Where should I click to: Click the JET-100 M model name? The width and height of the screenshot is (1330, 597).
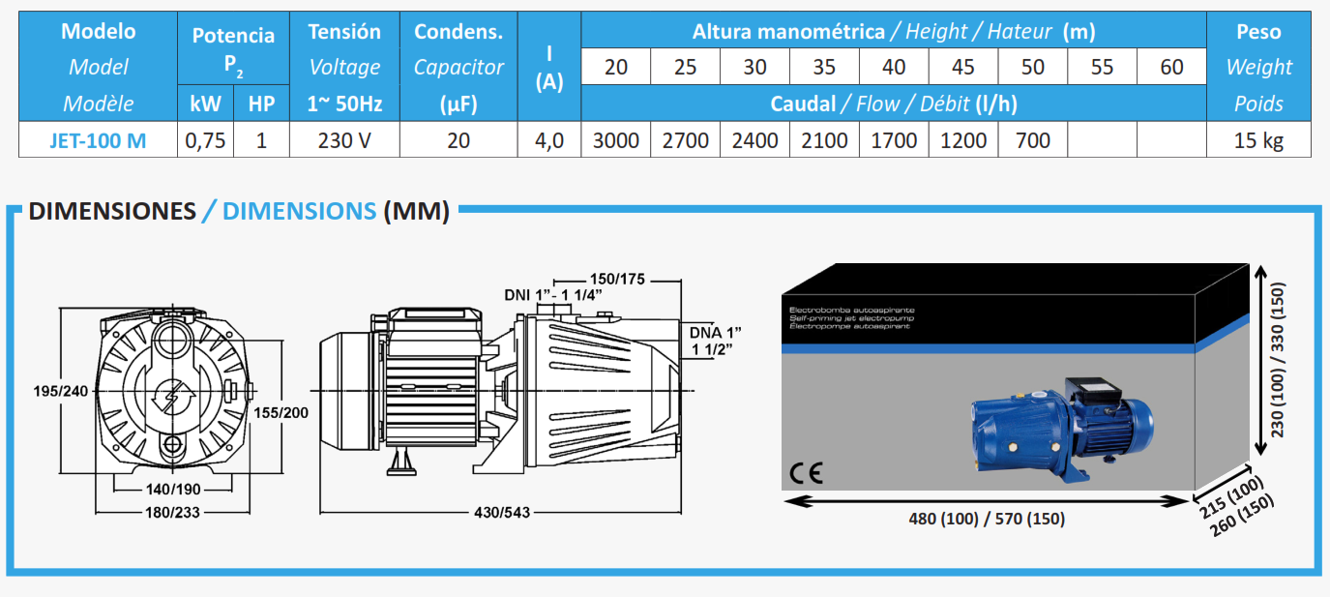pos(98,141)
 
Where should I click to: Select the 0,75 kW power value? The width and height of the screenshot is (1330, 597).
pos(205,141)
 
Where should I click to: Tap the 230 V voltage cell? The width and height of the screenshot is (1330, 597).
pos(344,141)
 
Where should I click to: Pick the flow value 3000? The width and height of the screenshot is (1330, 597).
pos(616,141)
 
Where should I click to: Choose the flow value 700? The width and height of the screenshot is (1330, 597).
pos(1032,141)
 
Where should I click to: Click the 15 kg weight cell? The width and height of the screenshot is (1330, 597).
pos(1258,141)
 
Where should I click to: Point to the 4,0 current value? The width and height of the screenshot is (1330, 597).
pos(549,141)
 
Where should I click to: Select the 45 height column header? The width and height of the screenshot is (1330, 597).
pos(963,67)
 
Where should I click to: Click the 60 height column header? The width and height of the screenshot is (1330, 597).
pos(1171,67)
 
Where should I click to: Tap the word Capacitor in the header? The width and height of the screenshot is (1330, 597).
pos(458,67)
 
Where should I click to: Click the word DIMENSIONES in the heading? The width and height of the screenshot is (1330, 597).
pos(112,211)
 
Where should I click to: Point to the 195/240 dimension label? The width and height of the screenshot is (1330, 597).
pos(61,391)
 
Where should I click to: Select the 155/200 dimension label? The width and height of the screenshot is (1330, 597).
pos(281,413)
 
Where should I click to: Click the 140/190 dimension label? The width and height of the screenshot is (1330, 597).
pos(173,490)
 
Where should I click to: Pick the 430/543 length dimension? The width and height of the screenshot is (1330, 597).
pos(502,512)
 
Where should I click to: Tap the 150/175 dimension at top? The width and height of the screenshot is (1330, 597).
pos(617,280)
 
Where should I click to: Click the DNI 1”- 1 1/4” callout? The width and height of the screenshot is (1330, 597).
pos(552,295)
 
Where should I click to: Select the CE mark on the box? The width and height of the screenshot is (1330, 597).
pos(806,473)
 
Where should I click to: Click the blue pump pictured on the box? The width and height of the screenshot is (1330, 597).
pos(1062,430)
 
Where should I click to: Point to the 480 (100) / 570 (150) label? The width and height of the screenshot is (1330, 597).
pos(987,520)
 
